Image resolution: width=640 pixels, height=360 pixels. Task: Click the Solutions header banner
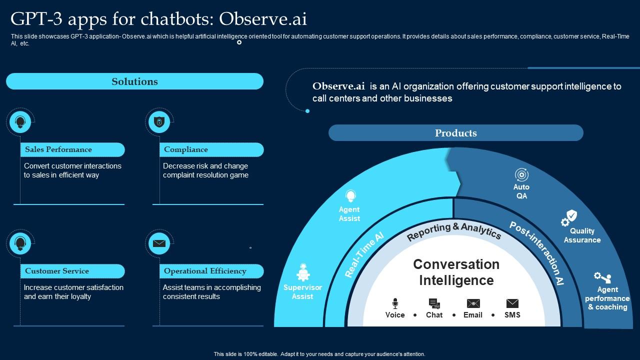pyautogui.click(x=134, y=81)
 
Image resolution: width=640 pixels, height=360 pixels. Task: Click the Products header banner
pyautogui.click(x=455, y=133)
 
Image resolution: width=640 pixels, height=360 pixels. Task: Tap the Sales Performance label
pyautogui.click(x=58, y=149)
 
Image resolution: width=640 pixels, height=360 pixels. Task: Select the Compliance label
pyautogui.click(x=186, y=149)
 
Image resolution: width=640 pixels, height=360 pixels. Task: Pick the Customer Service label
pyautogui.click(x=57, y=271)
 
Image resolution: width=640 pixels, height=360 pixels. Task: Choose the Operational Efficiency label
pyautogui.click(x=205, y=271)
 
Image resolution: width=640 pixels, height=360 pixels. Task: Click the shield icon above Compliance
pyautogui.click(x=159, y=121)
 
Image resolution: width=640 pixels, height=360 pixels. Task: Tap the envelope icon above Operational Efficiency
pyautogui.click(x=159, y=243)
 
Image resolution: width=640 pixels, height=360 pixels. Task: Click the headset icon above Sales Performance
pyautogui.click(x=20, y=121)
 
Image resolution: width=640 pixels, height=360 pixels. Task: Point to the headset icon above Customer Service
pyautogui.click(x=20, y=243)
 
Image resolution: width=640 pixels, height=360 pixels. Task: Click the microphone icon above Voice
pyautogui.click(x=395, y=303)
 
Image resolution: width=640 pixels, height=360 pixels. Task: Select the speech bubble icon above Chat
pyautogui.click(x=434, y=303)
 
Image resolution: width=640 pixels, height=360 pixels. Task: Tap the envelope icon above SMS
pyautogui.click(x=512, y=303)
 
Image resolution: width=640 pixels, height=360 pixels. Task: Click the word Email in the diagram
pyautogui.click(x=473, y=315)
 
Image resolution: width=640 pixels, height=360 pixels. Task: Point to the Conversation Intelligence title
pyautogui.click(x=456, y=272)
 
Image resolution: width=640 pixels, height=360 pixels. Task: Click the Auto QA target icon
pyautogui.click(x=521, y=175)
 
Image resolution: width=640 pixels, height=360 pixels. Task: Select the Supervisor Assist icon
pyautogui.click(x=303, y=273)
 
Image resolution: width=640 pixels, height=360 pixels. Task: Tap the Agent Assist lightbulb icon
pyautogui.click(x=350, y=196)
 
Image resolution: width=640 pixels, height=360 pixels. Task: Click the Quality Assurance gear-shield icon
pyautogui.click(x=569, y=218)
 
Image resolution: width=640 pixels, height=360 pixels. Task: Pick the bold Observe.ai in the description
pyautogui.click(x=338, y=86)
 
